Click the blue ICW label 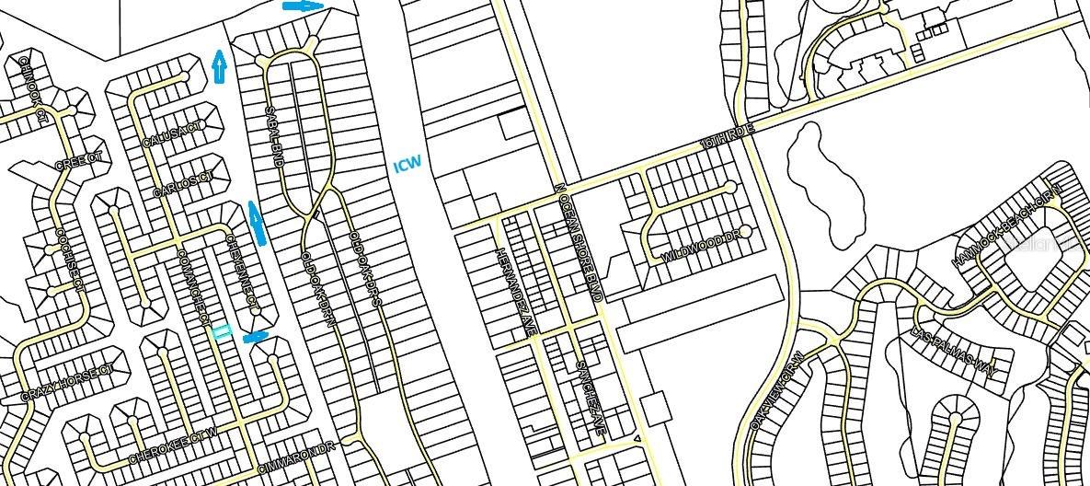407,165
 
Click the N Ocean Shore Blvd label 578,241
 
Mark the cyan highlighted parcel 222,332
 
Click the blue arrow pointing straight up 219,66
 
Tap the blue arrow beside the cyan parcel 256,337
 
